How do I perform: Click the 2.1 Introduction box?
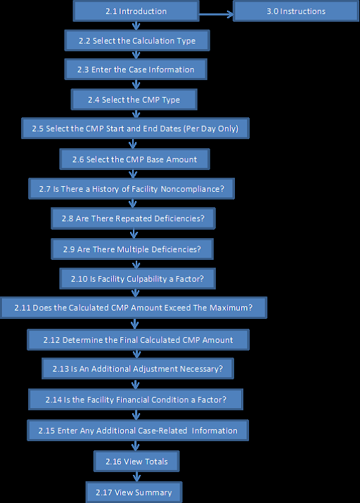(136, 11)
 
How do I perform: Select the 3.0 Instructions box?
(296, 11)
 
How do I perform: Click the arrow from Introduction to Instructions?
(216, 14)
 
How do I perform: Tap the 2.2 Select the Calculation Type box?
(137, 41)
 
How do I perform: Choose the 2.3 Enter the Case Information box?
(136, 70)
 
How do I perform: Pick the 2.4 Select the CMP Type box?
(134, 100)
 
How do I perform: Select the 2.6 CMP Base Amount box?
(134, 159)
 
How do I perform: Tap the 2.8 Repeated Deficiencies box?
(133, 218)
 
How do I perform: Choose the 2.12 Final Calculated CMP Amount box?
(138, 340)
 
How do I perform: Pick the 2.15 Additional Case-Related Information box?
(138, 430)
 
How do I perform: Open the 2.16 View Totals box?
(136, 462)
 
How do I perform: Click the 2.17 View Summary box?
(134, 492)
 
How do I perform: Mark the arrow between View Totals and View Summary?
(137, 476)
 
